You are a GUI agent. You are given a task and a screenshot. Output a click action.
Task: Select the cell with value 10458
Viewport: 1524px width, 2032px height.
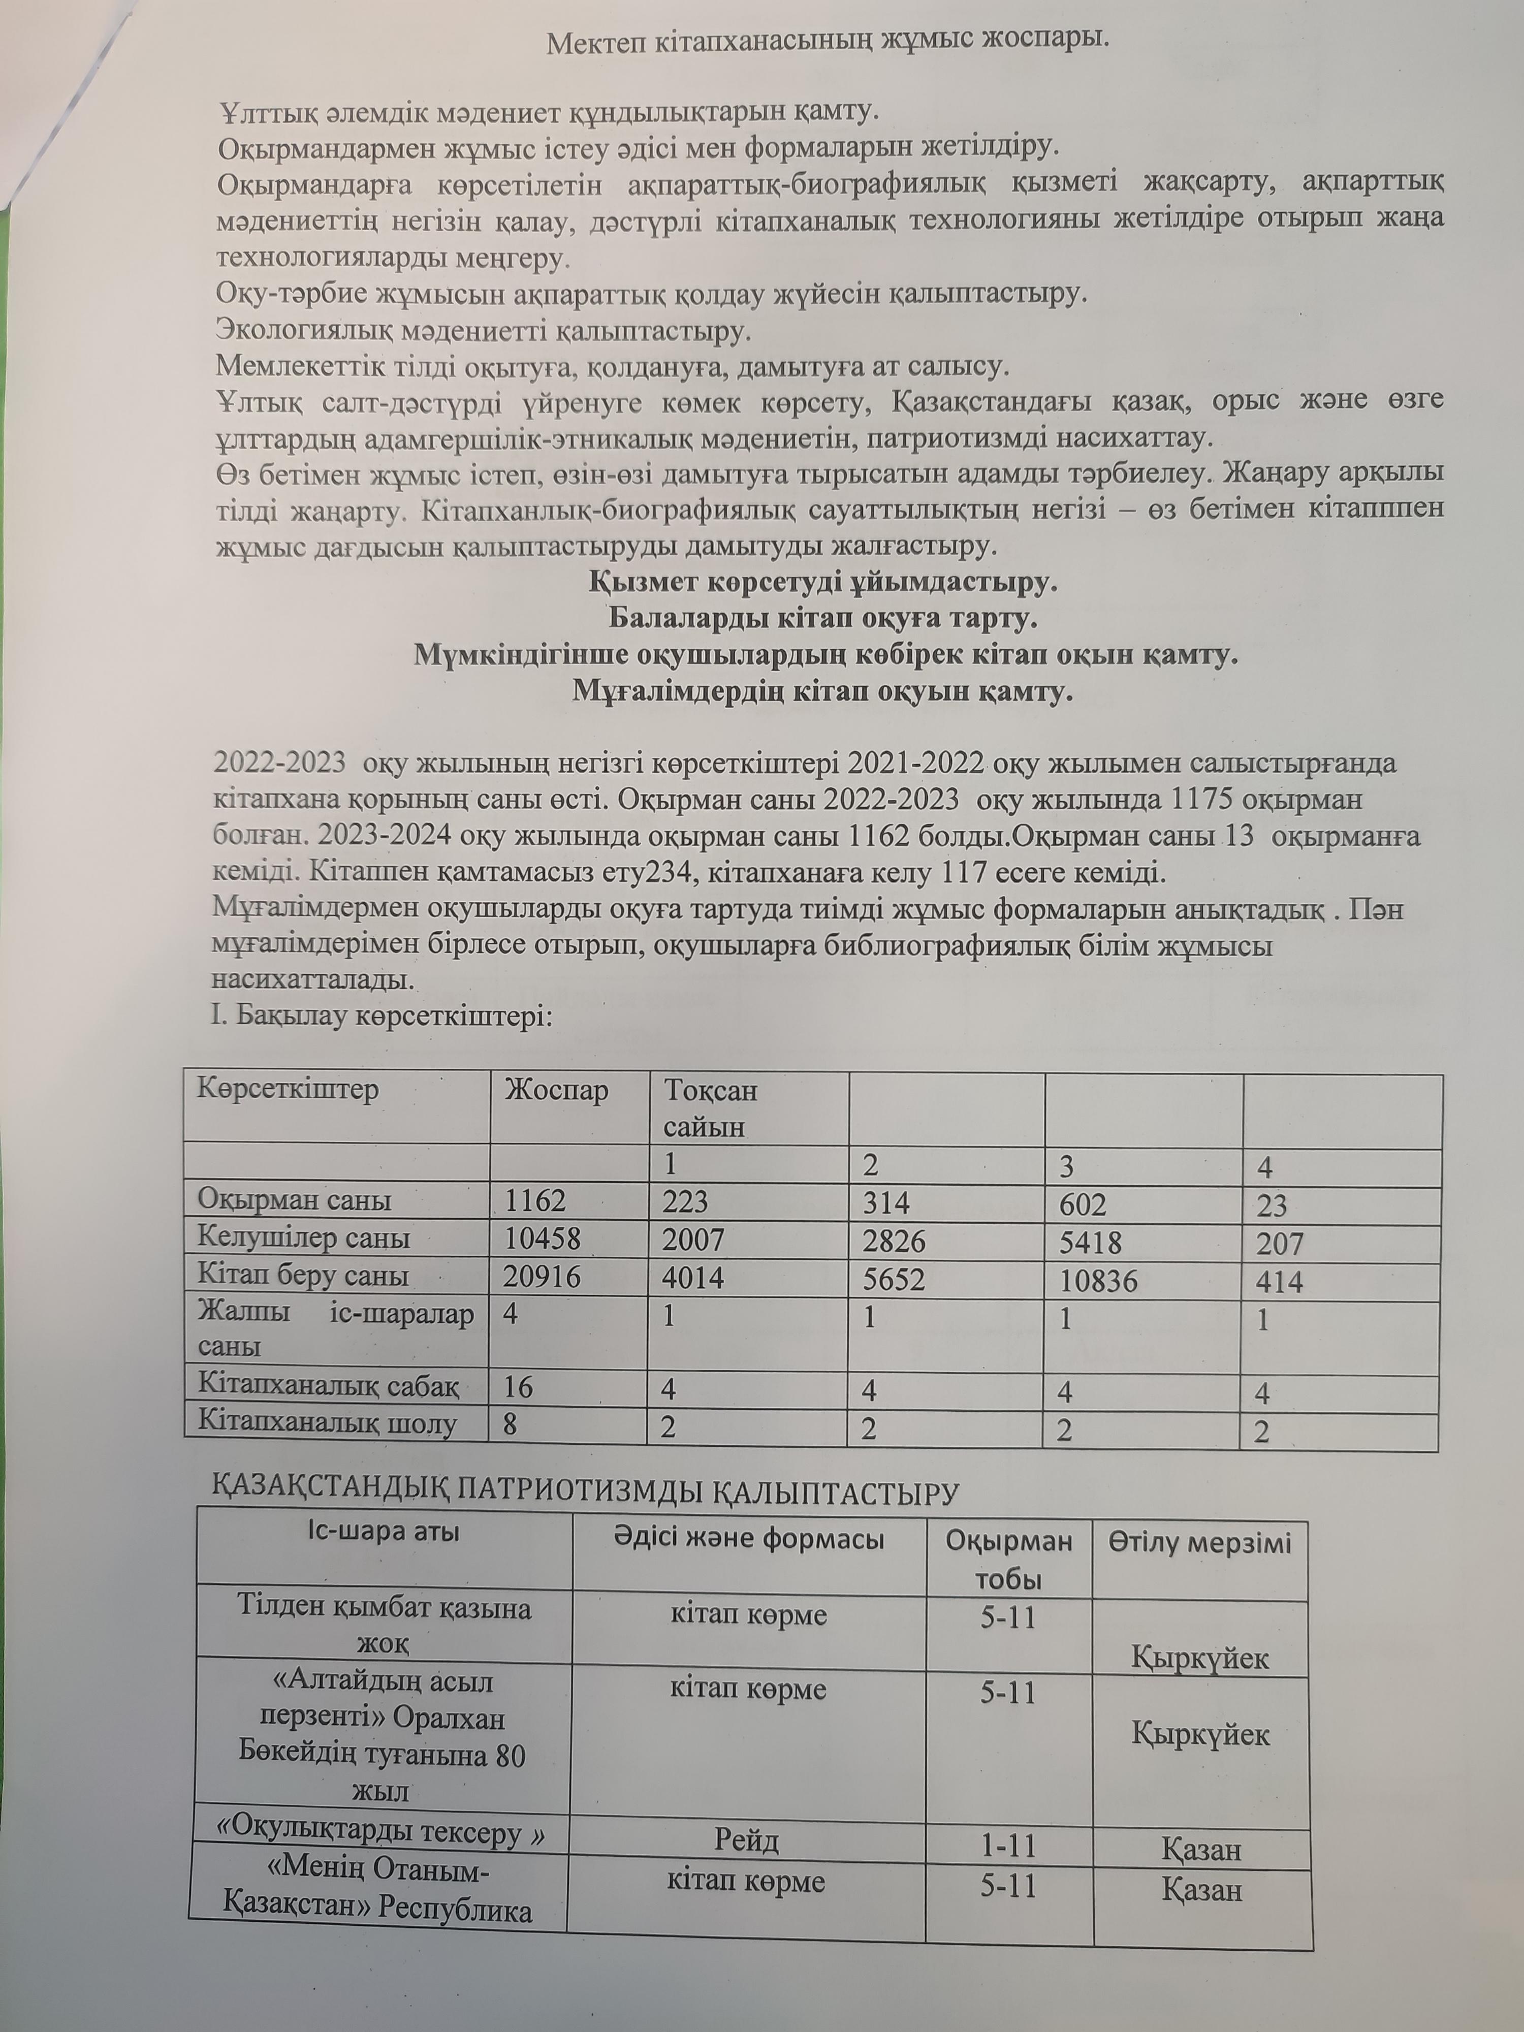point(542,1239)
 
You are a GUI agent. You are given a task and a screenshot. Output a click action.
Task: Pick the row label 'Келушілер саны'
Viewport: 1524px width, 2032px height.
point(303,1239)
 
